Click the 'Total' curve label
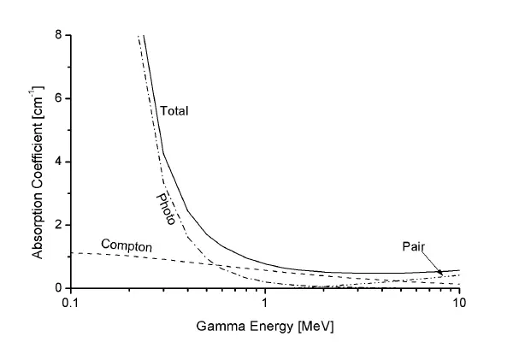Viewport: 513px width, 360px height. click(x=174, y=111)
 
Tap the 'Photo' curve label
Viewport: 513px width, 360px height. click(x=166, y=209)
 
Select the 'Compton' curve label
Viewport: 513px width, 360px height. click(x=127, y=246)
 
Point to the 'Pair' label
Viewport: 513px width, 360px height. click(x=415, y=246)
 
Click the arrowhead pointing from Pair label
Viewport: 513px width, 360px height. click(x=440, y=273)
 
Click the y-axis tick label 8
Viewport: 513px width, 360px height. click(x=58, y=35)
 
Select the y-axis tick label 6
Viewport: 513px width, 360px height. click(x=58, y=98)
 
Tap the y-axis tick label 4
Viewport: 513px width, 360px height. click(x=58, y=162)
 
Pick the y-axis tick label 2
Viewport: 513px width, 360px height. click(x=58, y=225)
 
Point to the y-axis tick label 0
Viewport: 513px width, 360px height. click(x=58, y=288)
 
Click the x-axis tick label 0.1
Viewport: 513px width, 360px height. click(x=71, y=304)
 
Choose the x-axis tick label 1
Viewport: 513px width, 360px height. click(x=265, y=304)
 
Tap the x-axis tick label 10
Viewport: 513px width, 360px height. click(x=459, y=304)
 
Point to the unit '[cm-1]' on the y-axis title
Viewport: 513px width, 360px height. click(x=38, y=102)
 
